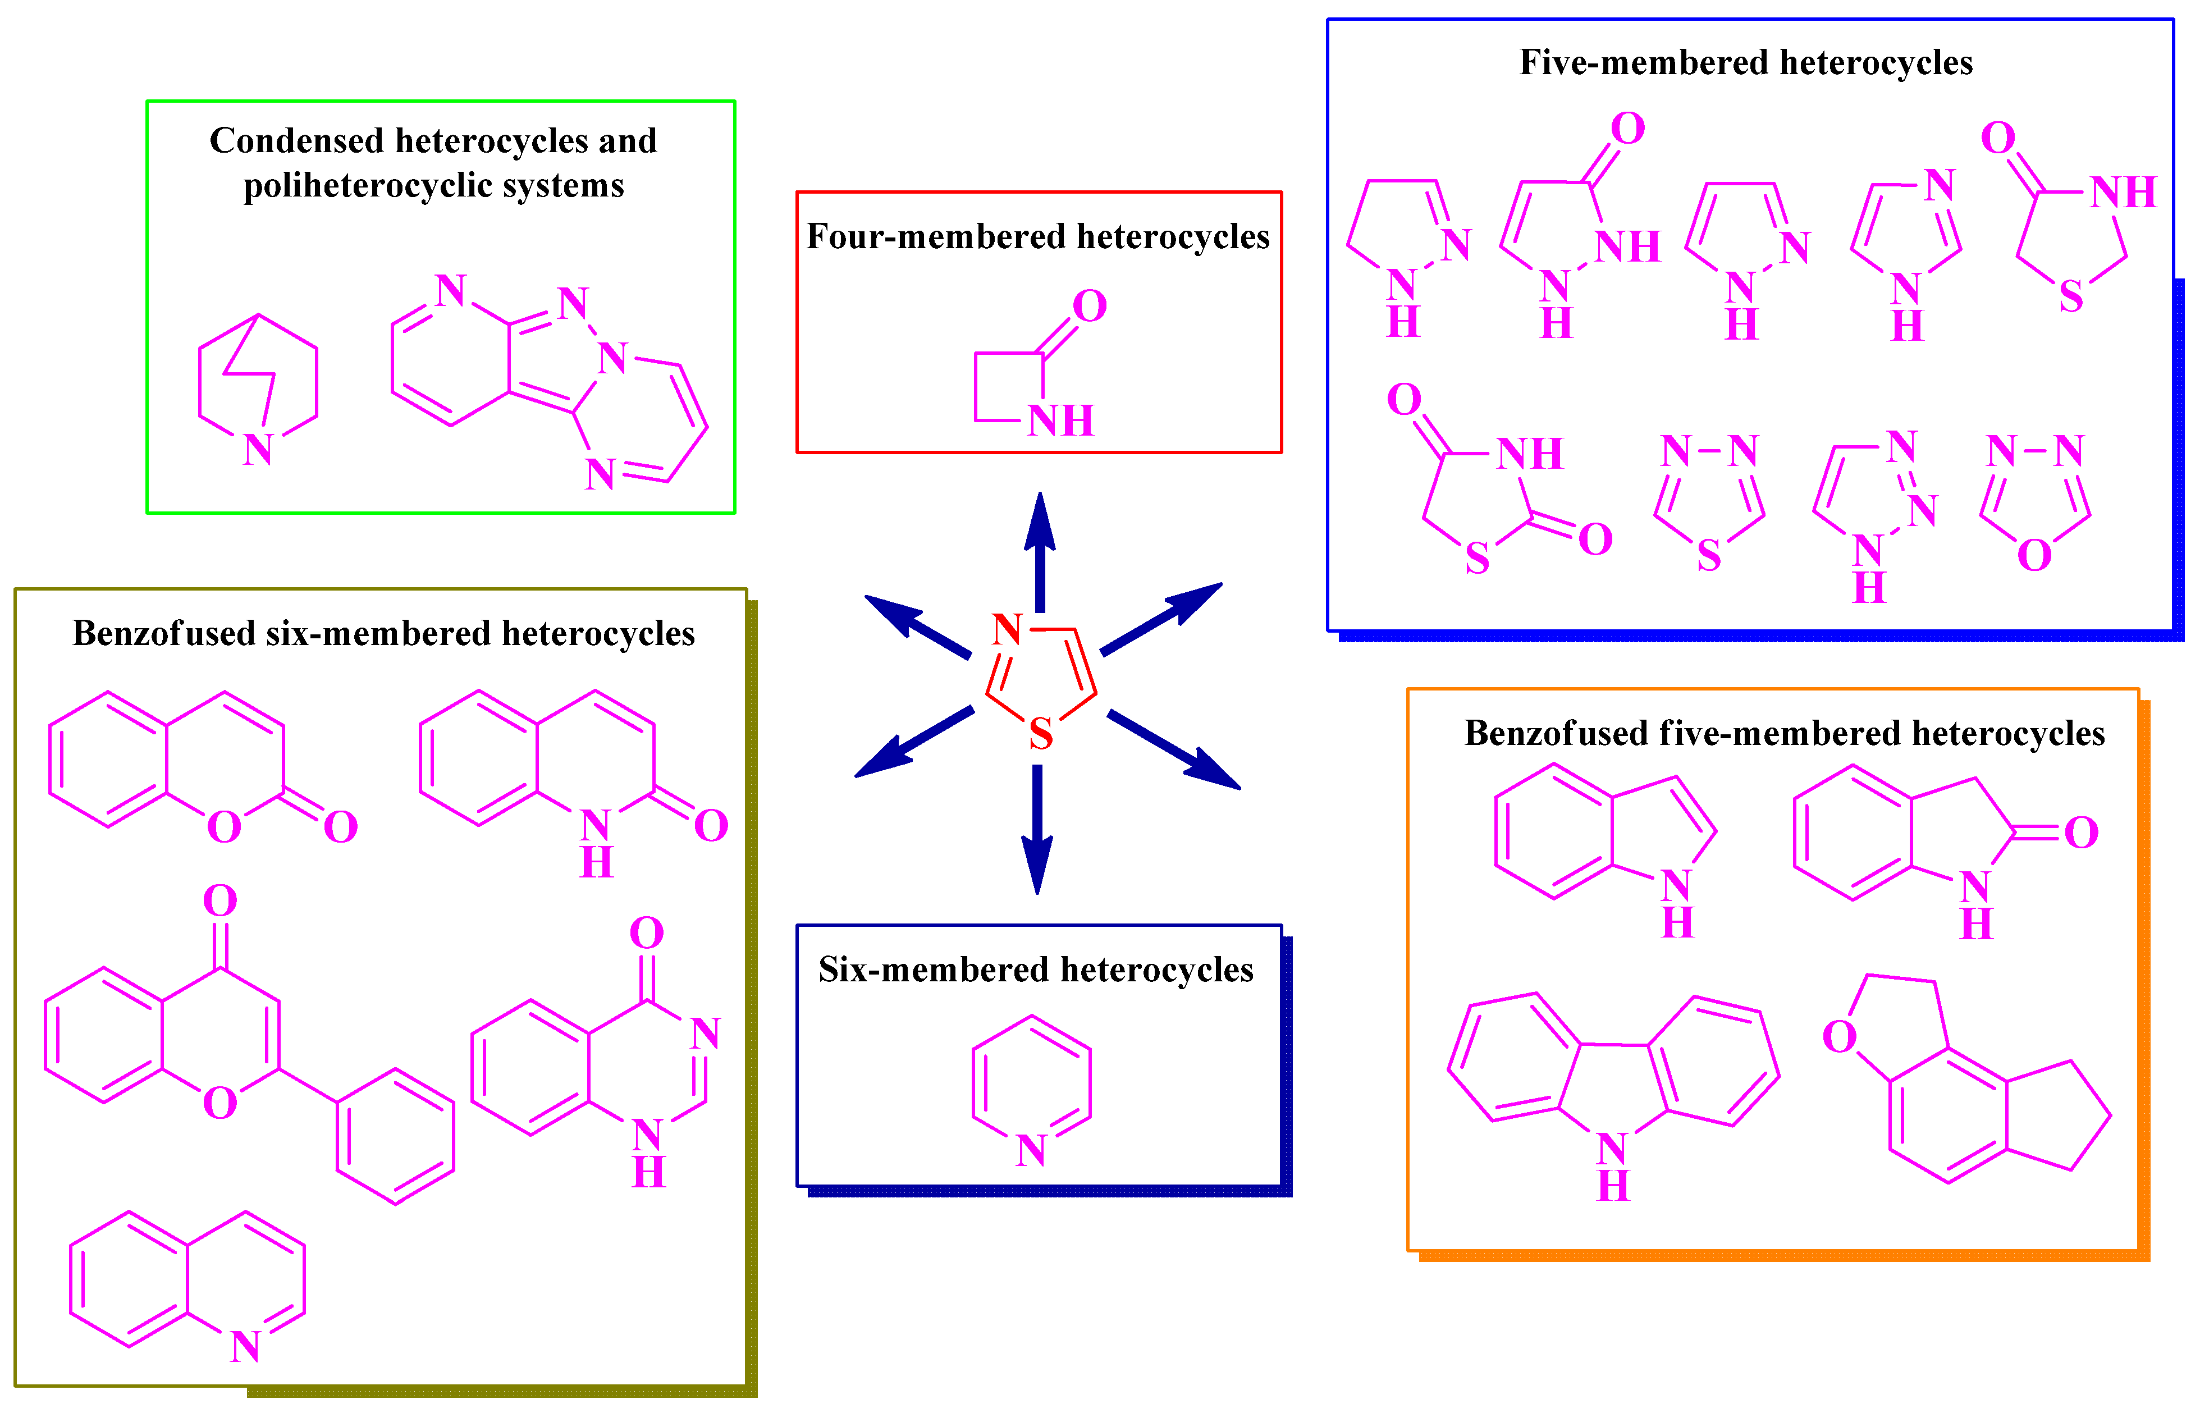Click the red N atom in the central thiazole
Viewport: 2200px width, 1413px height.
pos(1007,629)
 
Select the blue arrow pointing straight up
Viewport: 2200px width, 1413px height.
pos(1040,551)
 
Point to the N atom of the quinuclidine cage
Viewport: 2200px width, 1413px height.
pos(258,450)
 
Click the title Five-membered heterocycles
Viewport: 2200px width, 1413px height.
pos(1746,62)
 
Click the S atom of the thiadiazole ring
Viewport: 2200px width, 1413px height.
pos(1708,556)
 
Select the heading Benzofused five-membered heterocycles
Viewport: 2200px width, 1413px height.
pos(1785,733)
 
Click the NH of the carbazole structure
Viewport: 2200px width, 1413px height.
pos(1613,1165)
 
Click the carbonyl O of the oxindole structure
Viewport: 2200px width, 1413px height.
pos(2082,833)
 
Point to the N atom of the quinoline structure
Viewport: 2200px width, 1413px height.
pos(245,1347)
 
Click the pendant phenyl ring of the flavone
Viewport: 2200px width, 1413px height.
pos(395,1136)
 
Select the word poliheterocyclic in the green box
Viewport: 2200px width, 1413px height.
pos(356,185)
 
